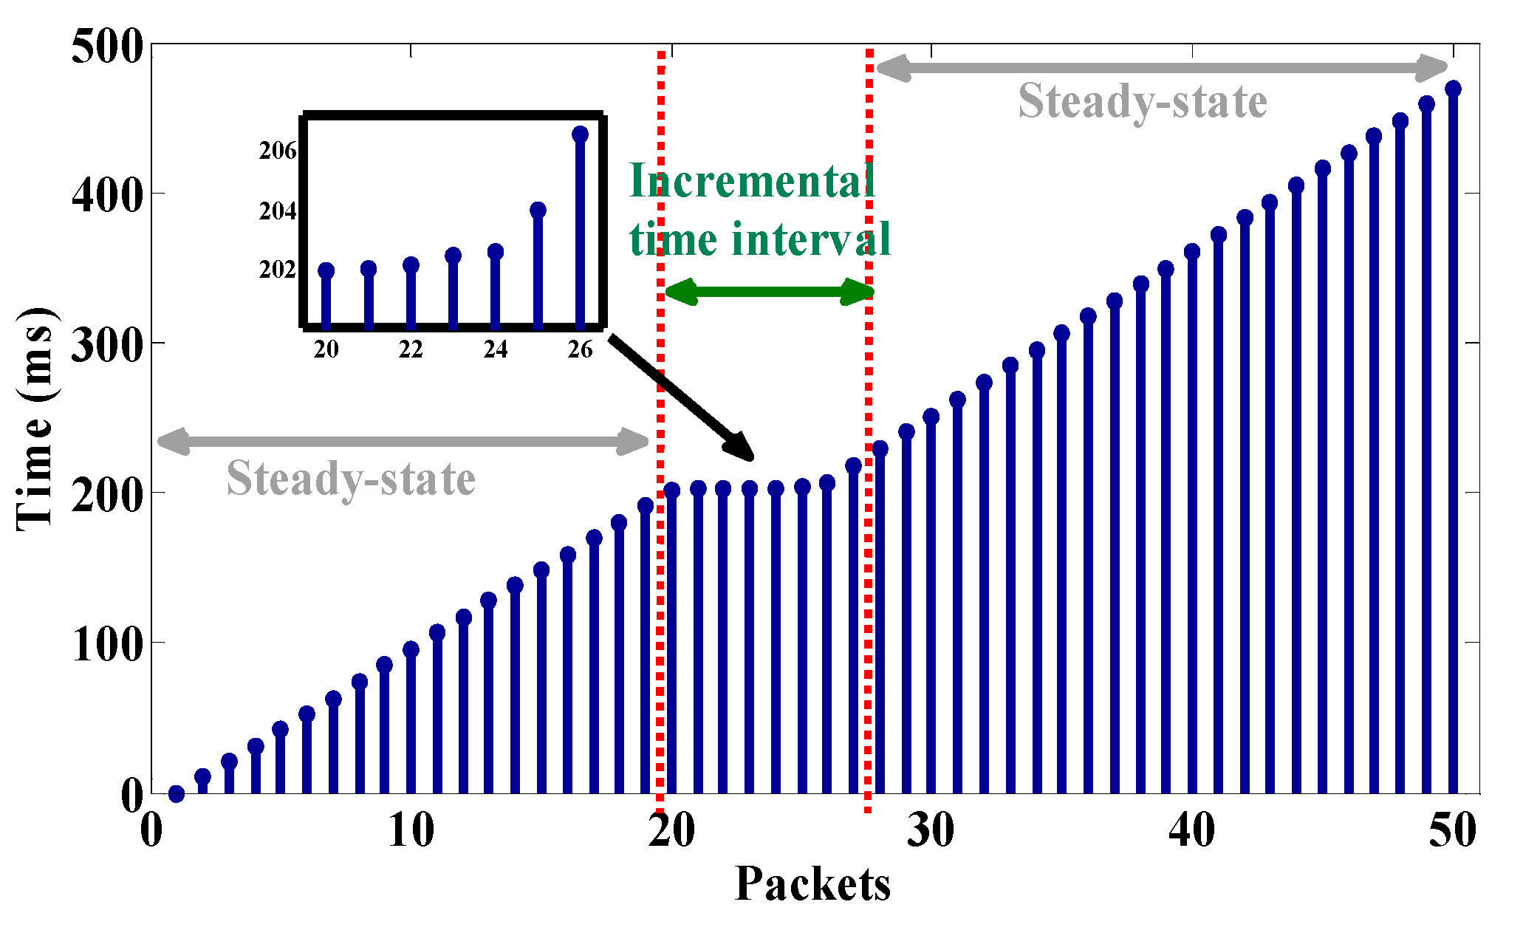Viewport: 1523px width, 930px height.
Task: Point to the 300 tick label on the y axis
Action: tap(106, 346)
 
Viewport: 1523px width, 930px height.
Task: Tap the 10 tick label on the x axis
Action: tap(411, 831)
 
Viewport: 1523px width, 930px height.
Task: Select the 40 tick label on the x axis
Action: tap(1191, 831)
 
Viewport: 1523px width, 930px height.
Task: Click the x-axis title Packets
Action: tap(812, 884)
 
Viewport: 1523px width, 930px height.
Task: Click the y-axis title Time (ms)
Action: tap(35, 417)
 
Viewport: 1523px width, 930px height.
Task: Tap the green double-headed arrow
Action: tap(768, 292)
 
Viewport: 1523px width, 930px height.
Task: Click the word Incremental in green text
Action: tap(752, 181)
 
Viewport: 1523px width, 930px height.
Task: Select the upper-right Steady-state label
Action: tap(1142, 102)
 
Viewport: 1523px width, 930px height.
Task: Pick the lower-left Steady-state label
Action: tap(351, 479)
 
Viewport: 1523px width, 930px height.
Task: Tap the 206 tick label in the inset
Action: tap(278, 151)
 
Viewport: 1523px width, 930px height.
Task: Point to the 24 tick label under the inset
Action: tap(495, 349)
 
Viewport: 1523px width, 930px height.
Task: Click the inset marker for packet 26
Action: tap(581, 134)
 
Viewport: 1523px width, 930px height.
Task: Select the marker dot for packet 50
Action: tap(1453, 89)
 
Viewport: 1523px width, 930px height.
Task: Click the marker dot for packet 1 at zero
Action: tap(177, 794)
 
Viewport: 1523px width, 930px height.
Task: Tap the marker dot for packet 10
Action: tap(411, 650)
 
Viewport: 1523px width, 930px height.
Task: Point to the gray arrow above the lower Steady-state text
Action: tap(403, 442)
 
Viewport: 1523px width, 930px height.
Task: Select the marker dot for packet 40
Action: tap(1192, 252)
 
